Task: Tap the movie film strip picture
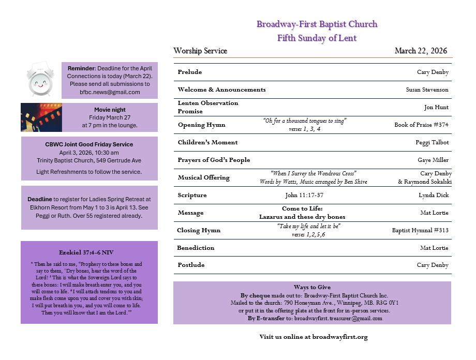41,117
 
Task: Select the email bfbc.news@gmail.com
110,92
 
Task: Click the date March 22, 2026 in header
421,51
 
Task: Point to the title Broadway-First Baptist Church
317,24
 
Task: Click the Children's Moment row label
207,142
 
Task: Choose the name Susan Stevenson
427,89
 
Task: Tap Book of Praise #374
421,125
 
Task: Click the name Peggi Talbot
432,142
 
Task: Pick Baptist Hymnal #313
420,230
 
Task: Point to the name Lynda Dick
434,195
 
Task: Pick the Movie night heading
110,110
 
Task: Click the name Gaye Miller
433,160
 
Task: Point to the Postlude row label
191,265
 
